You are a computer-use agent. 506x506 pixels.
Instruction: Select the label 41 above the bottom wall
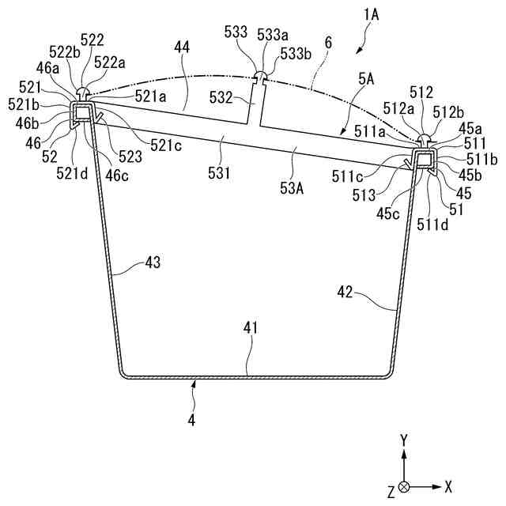coord(250,327)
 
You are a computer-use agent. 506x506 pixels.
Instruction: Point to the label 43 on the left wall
coord(153,262)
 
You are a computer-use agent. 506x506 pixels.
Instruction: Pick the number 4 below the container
coord(191,421)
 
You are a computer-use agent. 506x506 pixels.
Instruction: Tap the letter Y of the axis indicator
coord(403,439)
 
